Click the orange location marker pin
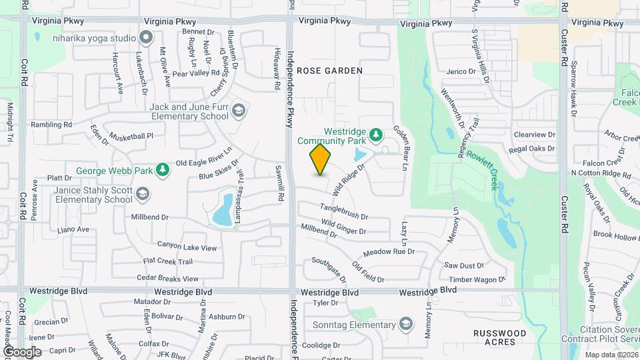pyautogui.click(x=321, y=159)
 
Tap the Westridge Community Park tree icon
pyautogui.click(x=376, y=135)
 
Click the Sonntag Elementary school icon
pyautogui.click(x=405, y=325)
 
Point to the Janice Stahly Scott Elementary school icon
pyautogui.click(x=142, y=194)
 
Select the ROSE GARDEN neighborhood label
pyautogui.click(x=329, y=70)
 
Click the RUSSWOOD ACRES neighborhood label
pyautogui.click(x=499, y=337)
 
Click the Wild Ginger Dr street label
pyautogui.click(x=343, y=227)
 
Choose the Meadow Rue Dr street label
pyautogui.click(x=389, y=253)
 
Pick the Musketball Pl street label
pyautogui.click(x=132, y=135)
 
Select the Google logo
pyautogui.click(x=22, y=351)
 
